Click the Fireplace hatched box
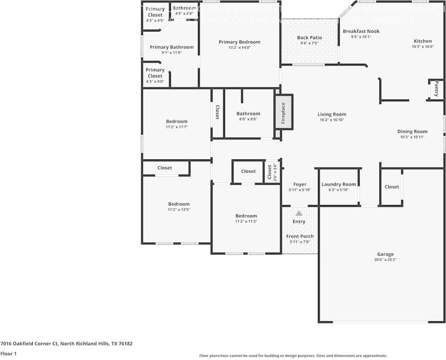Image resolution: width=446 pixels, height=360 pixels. [284, 112]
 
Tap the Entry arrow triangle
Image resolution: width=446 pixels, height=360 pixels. [299, 213]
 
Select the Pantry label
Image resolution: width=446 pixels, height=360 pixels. [436, 89]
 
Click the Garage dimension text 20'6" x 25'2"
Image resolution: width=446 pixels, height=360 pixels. [385, 260]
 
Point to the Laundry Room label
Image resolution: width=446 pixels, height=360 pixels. [339, 184]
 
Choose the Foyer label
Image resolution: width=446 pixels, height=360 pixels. [300, 184]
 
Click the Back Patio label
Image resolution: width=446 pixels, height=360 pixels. [309, 38]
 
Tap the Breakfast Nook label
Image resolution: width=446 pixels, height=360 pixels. [361, 31]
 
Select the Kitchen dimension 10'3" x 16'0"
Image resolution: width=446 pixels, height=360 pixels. [423, 46]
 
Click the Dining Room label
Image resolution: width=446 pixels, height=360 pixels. [412, 131]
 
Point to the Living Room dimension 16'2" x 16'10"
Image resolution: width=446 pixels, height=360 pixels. [332, 120]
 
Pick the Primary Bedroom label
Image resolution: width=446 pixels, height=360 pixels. [240, 42]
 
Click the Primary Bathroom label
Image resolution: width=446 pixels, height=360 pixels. [172, 47]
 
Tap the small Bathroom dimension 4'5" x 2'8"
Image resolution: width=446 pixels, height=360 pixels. [184, 13]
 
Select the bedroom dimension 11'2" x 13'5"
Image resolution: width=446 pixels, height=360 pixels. [179, 209]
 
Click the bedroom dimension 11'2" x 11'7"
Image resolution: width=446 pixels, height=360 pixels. [177, 127]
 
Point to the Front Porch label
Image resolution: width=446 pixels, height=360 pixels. [300, 236]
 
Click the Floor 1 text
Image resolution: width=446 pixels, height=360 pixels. [9, 354]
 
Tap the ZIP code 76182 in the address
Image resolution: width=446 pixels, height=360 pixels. [125, 344]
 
